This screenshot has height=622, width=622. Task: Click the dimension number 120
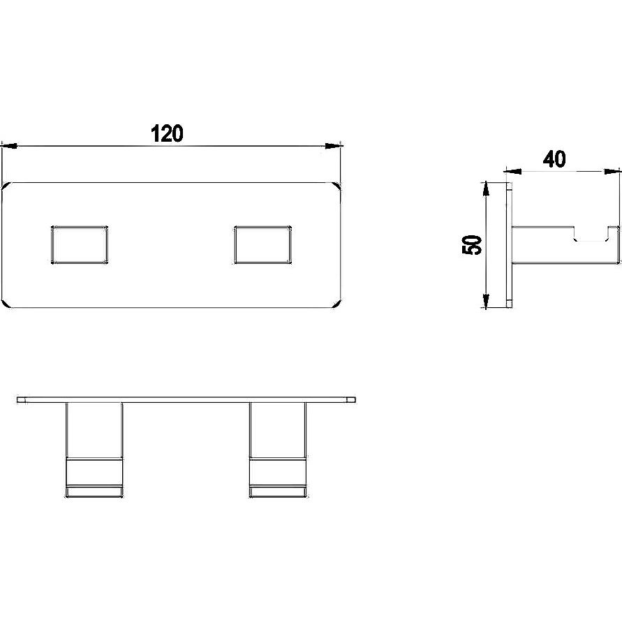click(167, 133)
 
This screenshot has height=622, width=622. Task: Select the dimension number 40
click(554, 159)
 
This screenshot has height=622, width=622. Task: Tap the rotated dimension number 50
click(473, 245)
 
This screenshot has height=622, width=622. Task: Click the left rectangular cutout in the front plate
click(80, 245)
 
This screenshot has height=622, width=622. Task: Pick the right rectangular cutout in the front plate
click(262, 245)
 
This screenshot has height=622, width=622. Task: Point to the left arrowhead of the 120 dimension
click(10, 146)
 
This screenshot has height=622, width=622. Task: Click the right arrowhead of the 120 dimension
click(333, 146)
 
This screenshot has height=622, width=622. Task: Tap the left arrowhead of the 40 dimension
click(512, 171)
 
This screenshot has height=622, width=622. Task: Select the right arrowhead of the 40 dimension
click(612, 171)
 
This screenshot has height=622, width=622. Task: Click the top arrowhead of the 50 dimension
click(486, 191)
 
